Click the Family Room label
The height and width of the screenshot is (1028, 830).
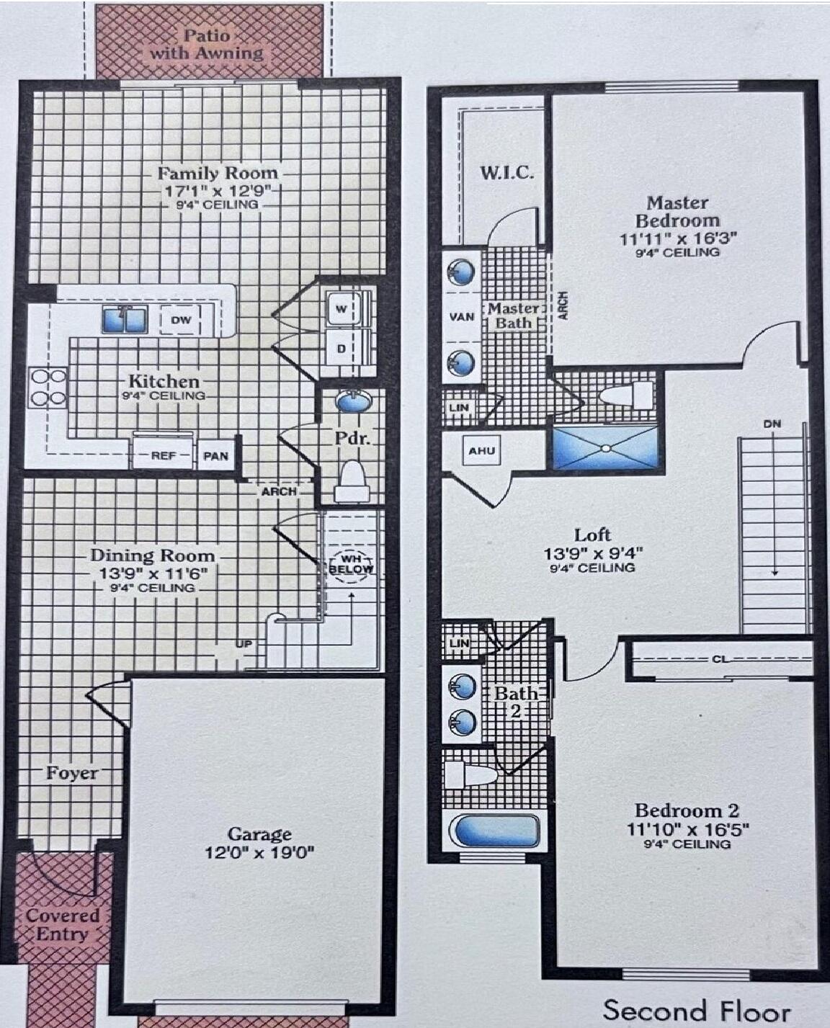218,173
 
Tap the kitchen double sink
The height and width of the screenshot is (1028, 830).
124,320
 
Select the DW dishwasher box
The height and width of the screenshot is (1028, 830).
180,320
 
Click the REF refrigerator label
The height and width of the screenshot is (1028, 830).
163,455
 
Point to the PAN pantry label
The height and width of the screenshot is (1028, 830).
215,455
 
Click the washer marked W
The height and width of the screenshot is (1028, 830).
342,309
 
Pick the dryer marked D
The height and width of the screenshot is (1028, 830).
342,348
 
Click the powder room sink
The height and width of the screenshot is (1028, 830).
354,401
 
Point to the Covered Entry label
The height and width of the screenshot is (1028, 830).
62,925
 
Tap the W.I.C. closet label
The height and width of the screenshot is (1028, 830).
507,172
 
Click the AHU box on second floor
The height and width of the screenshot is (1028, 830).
482,451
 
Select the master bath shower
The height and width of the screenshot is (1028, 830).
605,448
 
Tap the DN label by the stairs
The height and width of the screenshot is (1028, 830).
772,424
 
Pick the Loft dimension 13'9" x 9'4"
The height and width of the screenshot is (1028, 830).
593,553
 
